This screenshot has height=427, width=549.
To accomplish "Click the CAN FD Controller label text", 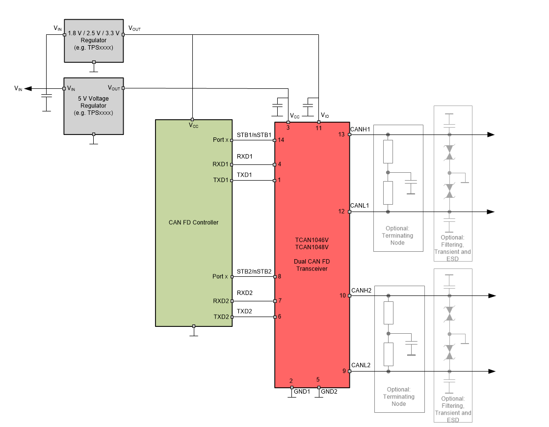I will (x=193, y=222).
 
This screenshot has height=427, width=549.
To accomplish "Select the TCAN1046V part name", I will (x=312, y=240).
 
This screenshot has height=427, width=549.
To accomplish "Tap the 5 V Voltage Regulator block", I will (x=93, y=106).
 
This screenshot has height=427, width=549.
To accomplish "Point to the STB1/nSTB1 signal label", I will (x=254, y=134).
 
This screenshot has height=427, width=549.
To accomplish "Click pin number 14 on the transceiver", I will (x=281, y=140).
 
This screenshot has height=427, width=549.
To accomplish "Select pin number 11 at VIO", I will (x=318, y=128).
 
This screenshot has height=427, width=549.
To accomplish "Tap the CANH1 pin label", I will (x=360, y=129).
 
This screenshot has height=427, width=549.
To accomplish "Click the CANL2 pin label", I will (x=361, y=365).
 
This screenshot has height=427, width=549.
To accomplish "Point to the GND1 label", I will (x=302, y=392).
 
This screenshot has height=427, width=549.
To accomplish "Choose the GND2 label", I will (x=329, y=392).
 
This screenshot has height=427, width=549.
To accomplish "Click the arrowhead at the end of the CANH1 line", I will (x=490, y=134).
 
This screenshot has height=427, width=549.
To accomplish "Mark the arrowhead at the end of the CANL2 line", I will (x=491, y=371).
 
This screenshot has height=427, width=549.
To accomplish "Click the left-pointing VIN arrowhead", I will (x=28, y=88).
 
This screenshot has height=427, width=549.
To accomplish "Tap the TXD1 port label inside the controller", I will (x=221, y=180).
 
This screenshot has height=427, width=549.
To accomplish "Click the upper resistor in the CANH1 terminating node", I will (x=388, y=152).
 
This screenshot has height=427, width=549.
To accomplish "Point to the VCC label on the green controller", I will (x=193, y=125).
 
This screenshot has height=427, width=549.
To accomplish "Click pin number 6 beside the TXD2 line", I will (x=280, y=317).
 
